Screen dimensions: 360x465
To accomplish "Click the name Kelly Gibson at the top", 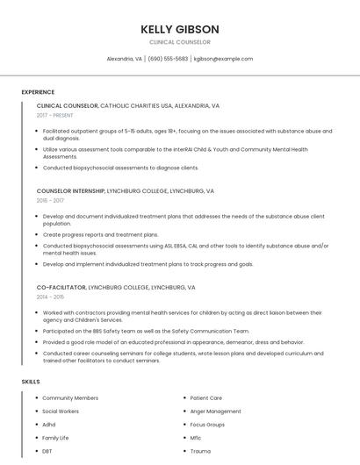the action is click(x=179, y=29).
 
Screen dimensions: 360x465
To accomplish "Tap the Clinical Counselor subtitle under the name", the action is click(x=179, y=42).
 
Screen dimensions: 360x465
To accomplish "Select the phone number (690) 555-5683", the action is click(x=168, y=59).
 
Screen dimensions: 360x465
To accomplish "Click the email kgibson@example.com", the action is click(x=223, y=59).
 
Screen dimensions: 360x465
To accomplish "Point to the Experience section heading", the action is click(x=38, y=92).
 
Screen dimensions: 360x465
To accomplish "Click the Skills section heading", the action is click(x=30, y=382).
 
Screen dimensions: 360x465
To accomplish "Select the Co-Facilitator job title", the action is click(x=61, y=287).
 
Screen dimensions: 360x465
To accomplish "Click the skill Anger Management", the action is click(x=215, y=411).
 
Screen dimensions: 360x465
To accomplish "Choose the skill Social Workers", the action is click(x=61, y=411).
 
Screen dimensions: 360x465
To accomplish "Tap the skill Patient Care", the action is click(x=205, y=398).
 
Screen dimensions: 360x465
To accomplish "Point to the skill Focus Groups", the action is click(x=207, y=425).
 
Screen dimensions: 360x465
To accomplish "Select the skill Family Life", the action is click(x=55, y=438).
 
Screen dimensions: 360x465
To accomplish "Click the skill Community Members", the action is click(x=70, y=398).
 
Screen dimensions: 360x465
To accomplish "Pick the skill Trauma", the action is click(x=200, y=451).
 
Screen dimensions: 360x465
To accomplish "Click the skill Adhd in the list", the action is click(x=49, y=425).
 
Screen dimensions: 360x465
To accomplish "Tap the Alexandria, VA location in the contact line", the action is click(x=124, y=59).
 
